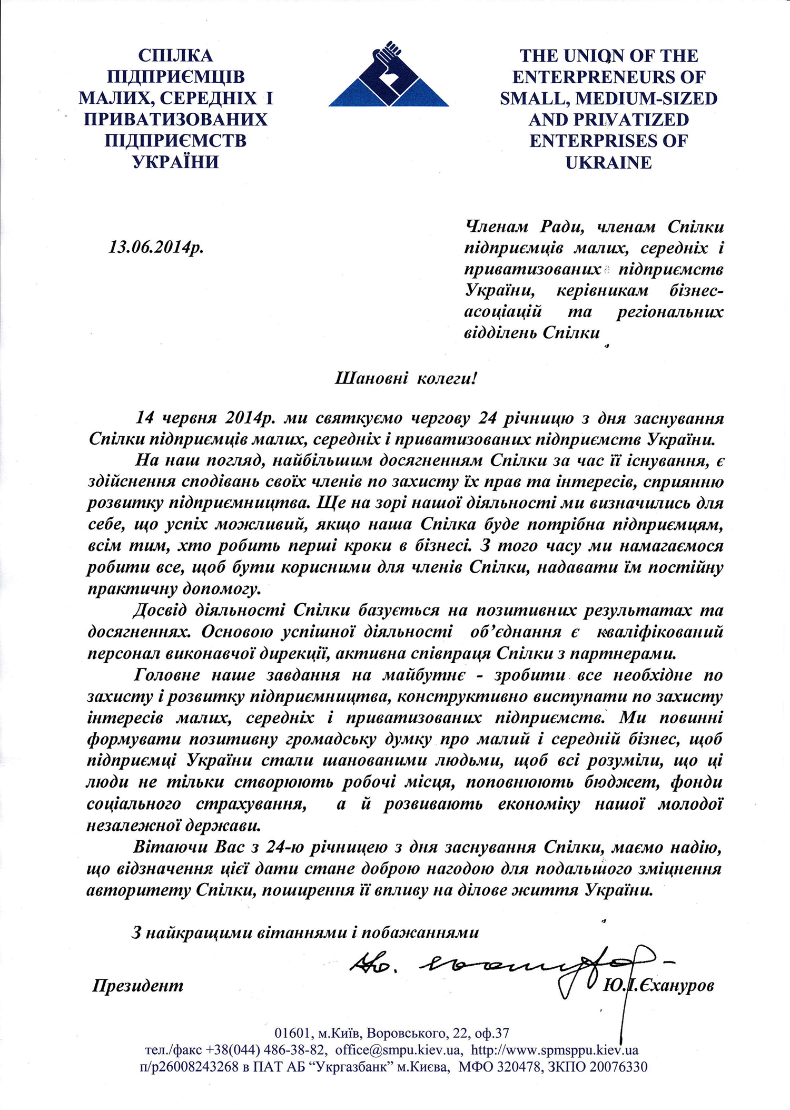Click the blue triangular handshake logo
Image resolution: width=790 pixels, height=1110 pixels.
(389, 76)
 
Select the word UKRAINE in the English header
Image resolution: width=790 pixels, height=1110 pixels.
(608, 162)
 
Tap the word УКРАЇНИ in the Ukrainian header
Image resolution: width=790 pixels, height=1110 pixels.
(175, 161)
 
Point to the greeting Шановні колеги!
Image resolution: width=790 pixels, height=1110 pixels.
(406, 378)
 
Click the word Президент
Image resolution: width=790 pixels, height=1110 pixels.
(138, 985)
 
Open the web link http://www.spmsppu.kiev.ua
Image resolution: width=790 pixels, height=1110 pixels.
(555, 1049)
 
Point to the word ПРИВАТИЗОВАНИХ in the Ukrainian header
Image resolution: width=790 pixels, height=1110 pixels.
(175, 119)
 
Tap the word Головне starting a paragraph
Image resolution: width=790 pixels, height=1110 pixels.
(167, 675)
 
